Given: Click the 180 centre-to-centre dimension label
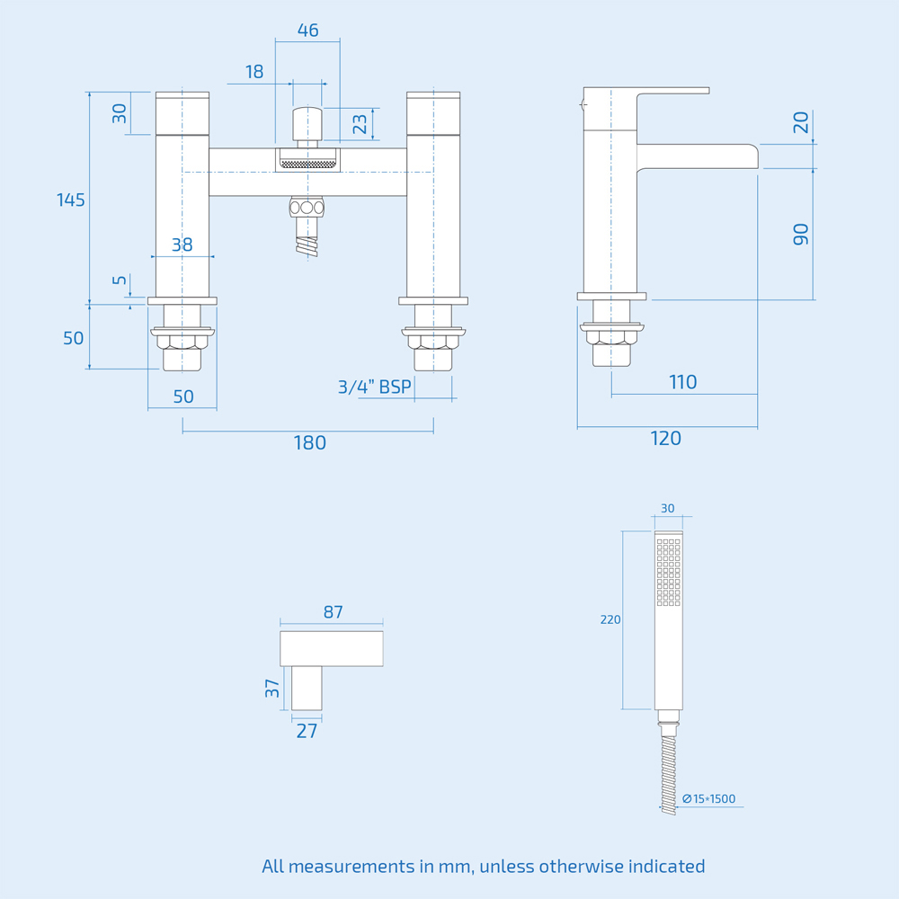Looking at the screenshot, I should click(309, 443).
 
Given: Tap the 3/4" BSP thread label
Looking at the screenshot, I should click(374, 387).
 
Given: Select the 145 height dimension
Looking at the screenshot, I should click(71, 200).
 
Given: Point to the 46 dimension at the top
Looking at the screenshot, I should click(307, 31).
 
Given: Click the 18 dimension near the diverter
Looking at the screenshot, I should click(254, 72).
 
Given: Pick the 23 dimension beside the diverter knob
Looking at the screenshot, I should click(360, 123).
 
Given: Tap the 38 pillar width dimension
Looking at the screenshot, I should click(182, 245).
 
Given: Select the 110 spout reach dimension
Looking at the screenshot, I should click(683, 382).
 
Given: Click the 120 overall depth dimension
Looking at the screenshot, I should click(665, 438).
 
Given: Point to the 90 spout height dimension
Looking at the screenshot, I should click(800, 235).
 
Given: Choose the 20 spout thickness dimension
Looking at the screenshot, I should click(800, 122).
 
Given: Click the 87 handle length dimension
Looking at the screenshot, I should click(333, 612).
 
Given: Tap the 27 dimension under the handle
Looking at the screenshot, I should click(307, 731).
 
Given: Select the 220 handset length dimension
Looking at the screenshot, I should click(610, 619).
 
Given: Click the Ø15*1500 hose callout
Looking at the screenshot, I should click(709, 798).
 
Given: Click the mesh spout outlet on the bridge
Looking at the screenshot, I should click(307, 164).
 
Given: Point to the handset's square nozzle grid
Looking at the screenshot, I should click(668, 572).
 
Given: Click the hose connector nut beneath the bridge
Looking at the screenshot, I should click(307, 208).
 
